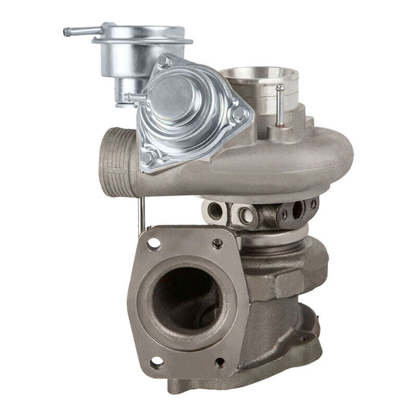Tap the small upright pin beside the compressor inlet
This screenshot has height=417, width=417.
coord(280,104)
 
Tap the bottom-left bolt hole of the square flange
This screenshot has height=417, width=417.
coord(155,361)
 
